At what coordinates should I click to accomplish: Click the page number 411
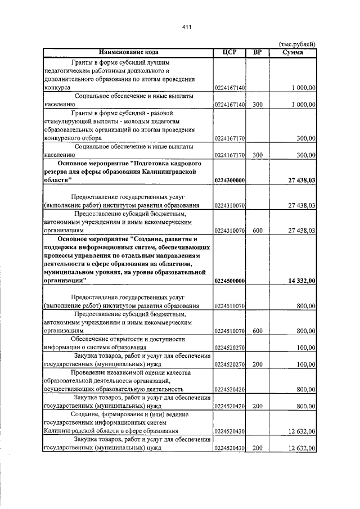click(x=187, y=26)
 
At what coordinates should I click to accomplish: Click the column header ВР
click(x=257, y=52)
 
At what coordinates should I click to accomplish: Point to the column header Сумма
click(x=293, y=52)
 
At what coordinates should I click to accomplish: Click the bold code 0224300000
click(x=229, y=179)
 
